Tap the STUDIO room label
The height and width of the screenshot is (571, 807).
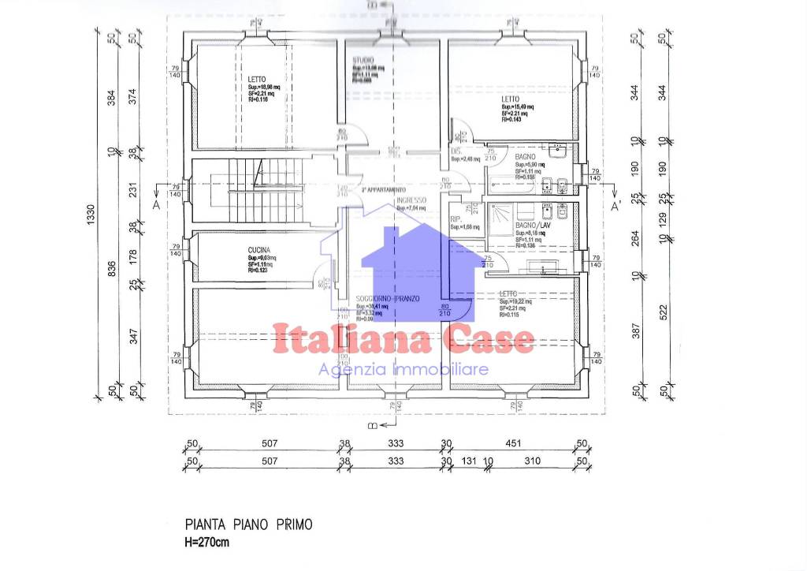363,61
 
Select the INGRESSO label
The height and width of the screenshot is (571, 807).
411,200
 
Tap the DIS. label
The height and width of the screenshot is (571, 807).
456,151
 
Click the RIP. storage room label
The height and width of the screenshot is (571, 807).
456,219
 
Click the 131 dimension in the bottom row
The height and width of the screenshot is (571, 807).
470,460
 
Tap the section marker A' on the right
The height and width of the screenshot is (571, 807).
617,206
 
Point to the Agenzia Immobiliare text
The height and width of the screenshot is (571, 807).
403,369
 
